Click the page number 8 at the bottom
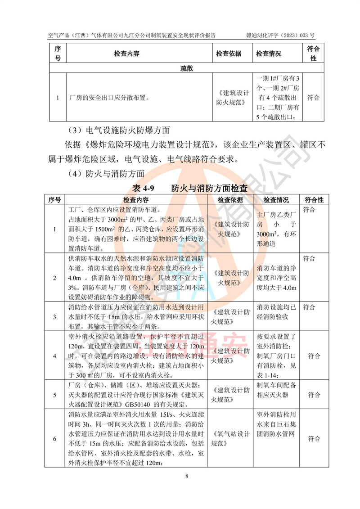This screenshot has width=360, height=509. [x=180, y=476]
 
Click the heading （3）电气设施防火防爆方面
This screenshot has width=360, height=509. [x=118, y=131]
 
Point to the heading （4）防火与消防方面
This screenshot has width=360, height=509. [x=106, y=173]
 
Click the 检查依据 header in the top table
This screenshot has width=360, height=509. [x=229, y=54]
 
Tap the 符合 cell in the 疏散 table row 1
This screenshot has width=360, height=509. [x=313, y=97]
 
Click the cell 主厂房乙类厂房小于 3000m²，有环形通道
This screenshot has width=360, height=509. [x=276, y=229]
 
